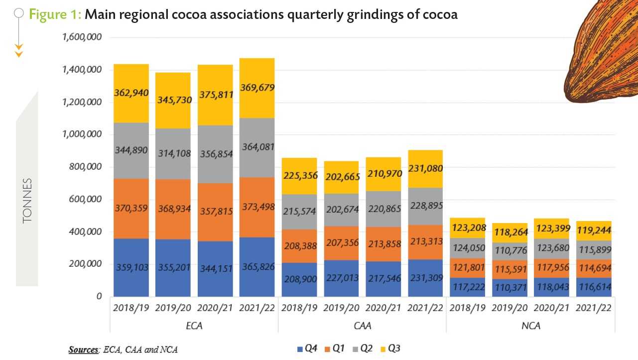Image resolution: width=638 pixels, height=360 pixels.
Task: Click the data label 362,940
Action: pyautogui.click(x=131, y=92)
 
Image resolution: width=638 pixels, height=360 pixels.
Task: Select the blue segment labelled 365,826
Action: pyautogui.click(x=256, y=267)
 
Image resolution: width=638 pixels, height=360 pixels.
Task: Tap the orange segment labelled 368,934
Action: pyautogui.click(x=173, y=208)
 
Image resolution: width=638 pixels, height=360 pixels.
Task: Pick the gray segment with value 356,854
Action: pyautogui.click(x=215, y=154)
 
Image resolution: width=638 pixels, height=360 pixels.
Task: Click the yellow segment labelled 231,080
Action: pyautogui.click(x=425, y=169)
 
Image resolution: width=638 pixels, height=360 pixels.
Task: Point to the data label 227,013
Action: pyautogui.click(x=341, y=278)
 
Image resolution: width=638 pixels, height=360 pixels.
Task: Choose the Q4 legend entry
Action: pyautogui.click(x=307, y=349)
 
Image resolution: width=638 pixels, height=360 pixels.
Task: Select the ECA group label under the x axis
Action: pyautogui.click(x=194, y=326)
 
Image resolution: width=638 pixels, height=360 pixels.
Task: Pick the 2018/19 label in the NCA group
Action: pyautogui.click(x=467, y=308)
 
